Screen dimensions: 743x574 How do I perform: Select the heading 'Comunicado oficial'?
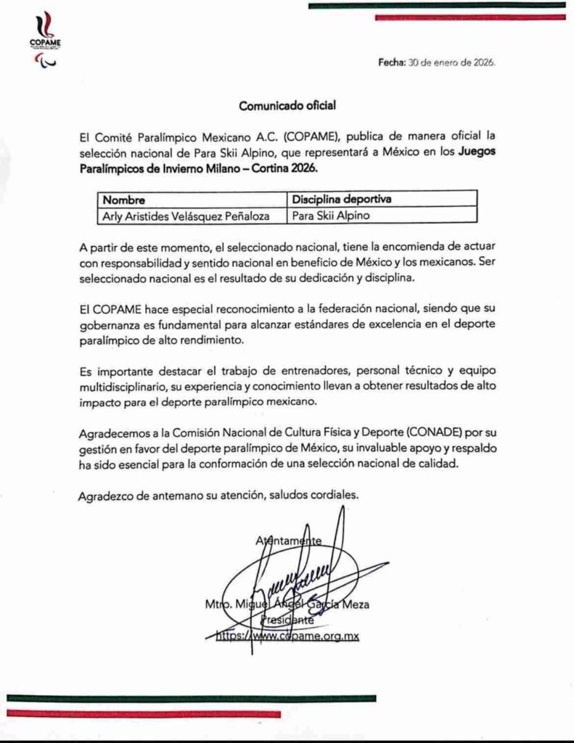tap(287, 106)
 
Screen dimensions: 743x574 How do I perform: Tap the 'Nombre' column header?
tap(124, 199)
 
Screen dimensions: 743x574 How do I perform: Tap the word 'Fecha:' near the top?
tap(391, 63)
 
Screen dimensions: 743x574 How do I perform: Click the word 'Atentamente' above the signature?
tap(288, 541)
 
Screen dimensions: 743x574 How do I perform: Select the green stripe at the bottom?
tap(192, 698)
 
